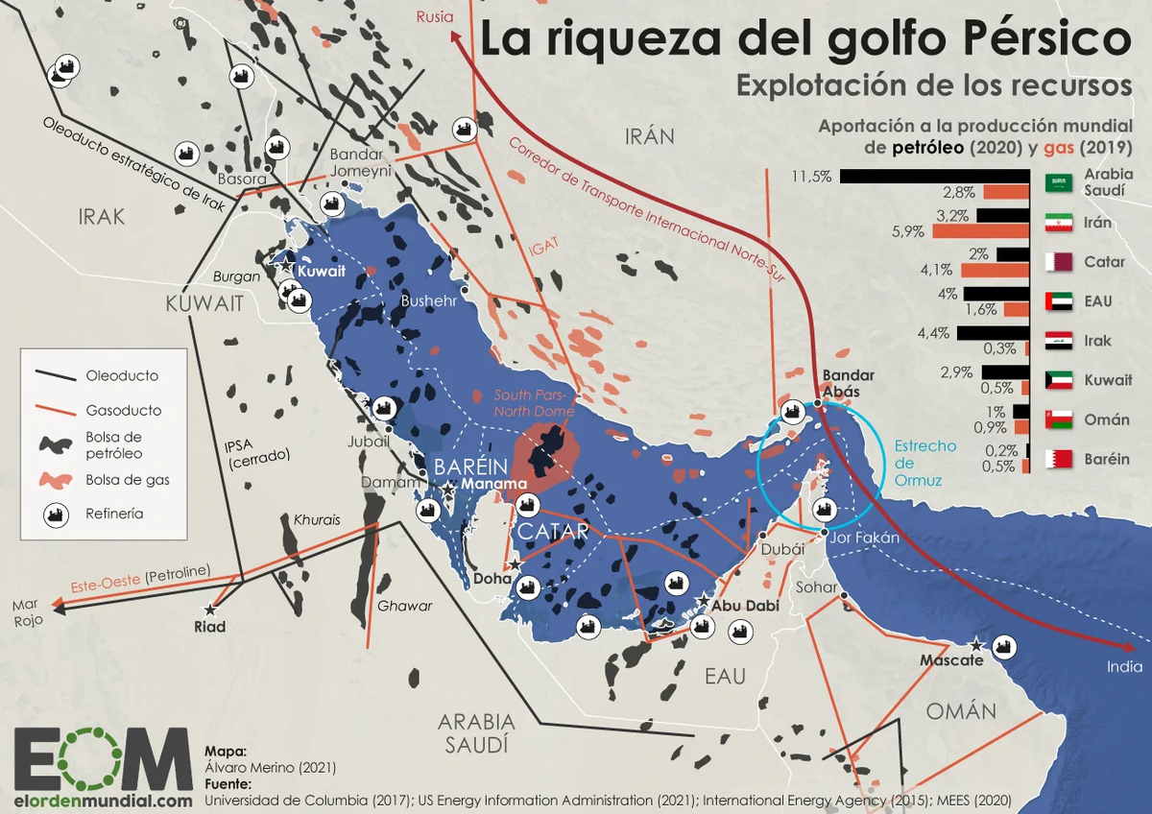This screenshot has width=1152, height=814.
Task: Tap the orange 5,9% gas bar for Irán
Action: pos(985,231)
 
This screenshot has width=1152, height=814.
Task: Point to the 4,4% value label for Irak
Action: pos(932,334)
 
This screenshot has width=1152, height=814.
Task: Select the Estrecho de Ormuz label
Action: pos(924,464)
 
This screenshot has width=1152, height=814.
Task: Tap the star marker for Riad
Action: pos(210,609)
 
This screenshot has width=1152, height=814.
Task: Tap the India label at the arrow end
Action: pos(1124,667)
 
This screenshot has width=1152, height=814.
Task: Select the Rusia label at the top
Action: pos(435,15)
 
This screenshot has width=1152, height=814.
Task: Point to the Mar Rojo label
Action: pos(27,612)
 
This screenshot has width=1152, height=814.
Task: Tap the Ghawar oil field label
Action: pos(404,606)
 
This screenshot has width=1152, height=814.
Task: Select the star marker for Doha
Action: pos(516,563)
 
